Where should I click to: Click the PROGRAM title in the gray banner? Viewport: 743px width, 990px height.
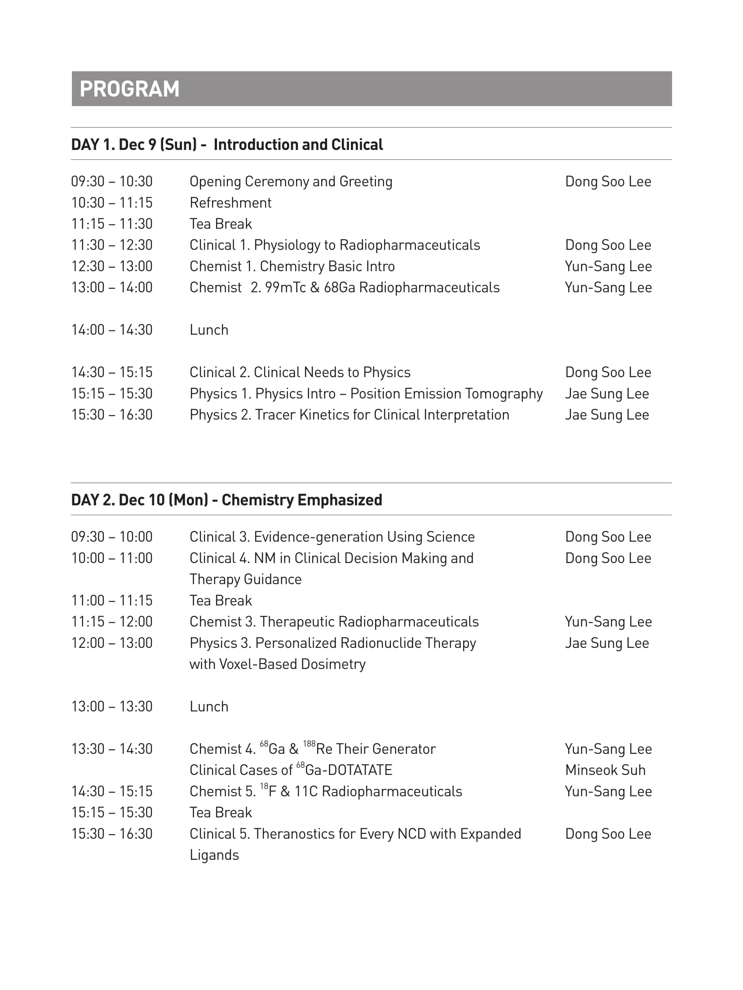(129, 89)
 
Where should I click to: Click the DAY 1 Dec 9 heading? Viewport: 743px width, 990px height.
(227, 145)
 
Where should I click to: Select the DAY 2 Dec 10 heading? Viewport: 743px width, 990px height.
(226, 500)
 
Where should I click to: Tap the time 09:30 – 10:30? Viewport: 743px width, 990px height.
(112, 181)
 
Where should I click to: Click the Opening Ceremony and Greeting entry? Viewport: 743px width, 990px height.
(291, 181)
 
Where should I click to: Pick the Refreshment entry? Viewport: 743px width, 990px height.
(230, 203)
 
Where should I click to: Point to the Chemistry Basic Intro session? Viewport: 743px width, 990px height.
(292, 266)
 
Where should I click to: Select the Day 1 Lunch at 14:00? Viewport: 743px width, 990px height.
(209, 330)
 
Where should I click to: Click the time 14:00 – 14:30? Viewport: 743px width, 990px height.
(112, 330)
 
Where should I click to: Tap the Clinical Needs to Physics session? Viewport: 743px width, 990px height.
(300, 372)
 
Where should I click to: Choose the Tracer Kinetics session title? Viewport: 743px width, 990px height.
(349, 415)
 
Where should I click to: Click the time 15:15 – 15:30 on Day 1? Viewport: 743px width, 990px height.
(112, 394)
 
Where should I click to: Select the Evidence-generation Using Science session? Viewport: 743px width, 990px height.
(332, 537)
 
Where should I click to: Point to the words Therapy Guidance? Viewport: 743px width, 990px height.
(245, 579)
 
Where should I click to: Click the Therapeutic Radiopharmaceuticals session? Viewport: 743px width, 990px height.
(334, 622)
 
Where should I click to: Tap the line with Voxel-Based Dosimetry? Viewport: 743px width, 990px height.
(277, 664)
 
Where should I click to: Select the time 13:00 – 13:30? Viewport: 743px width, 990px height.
(112, 707)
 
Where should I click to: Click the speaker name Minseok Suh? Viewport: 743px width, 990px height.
(605, 770)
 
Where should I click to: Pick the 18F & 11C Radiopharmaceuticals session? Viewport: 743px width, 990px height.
(326, 792)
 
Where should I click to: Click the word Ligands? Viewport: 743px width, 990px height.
(214, 855)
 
